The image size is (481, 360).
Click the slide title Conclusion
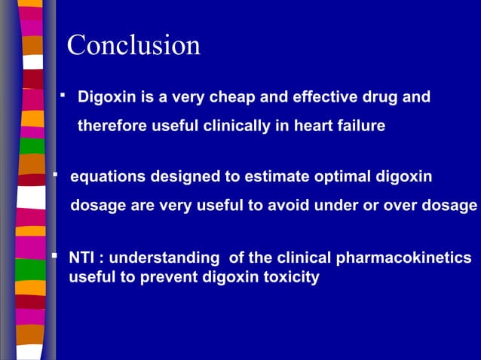point(133,45)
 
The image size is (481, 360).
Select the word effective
point(311,97)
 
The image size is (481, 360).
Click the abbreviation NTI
point(82,259)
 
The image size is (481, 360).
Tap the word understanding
point(161,259)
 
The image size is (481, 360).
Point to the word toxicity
point(288,277)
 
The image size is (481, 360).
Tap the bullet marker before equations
point(55,175)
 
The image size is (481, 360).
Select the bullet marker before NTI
point(54,258)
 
